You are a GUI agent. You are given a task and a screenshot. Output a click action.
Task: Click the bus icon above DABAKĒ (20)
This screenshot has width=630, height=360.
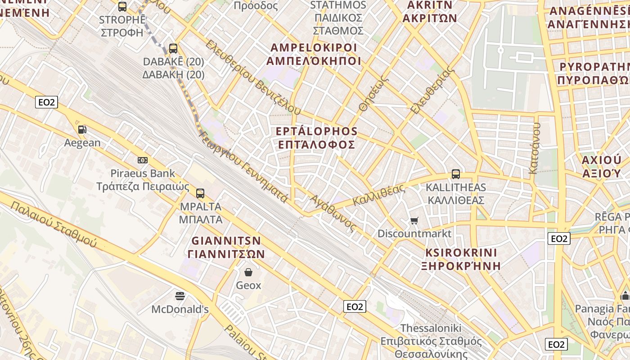coord(173,49)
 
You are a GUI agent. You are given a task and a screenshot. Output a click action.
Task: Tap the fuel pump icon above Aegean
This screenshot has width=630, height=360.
coord(82,130)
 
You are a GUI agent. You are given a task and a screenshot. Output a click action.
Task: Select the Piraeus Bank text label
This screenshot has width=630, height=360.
coord(143,173)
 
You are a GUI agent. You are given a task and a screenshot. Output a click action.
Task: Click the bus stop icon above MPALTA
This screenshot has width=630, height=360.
coord(200,193)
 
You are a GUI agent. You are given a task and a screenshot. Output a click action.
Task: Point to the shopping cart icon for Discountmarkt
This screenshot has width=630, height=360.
coord(414,220)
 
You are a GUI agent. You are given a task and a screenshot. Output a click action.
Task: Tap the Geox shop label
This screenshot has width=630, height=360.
coord(248,285)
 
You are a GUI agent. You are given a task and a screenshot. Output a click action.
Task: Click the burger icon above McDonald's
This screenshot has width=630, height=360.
coord(180,296)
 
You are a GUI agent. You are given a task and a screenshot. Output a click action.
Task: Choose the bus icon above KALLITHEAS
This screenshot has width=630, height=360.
coord(456,174)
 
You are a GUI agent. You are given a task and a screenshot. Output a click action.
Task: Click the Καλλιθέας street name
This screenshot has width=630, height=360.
coord(379,195)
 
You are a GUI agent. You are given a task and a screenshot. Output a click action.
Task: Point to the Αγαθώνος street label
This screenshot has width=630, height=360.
coord(333,213)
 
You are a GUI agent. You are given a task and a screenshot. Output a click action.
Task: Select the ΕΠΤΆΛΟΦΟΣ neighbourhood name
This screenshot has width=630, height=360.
coord(317,145)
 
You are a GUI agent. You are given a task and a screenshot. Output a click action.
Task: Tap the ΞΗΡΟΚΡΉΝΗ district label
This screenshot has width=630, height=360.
coord(461,265)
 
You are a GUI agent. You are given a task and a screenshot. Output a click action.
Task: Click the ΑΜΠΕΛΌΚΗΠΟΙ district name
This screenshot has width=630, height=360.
coord(314,61)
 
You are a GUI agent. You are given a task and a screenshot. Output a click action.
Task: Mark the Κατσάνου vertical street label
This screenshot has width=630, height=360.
coord(534,148)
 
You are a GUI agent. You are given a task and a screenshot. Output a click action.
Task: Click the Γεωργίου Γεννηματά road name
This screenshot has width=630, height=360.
coord(243,166)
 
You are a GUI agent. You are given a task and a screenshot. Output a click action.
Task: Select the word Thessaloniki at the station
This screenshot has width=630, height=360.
coord(432,328)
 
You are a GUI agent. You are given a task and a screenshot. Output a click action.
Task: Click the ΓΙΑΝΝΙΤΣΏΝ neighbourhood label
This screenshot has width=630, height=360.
coord(226,254)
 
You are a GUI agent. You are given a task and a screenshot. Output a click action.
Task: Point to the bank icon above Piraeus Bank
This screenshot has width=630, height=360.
coord(143,160)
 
